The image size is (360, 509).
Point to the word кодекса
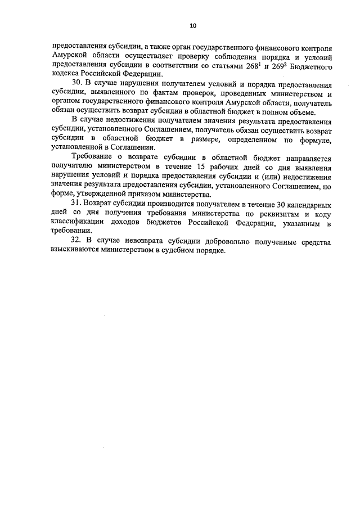[66, 74]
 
